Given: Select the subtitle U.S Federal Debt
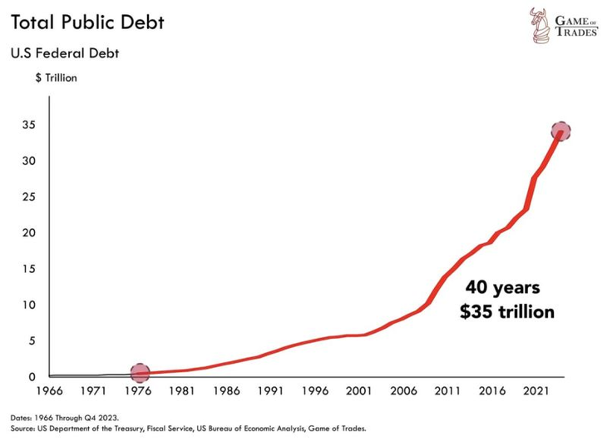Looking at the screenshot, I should pos(65,55).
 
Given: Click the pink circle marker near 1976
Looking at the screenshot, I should pos(140,373).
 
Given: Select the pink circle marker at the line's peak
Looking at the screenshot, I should pos(560,132).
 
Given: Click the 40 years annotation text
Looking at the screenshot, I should pos(501,288).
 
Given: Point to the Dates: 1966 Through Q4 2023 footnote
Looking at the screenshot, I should pos(75,417).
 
